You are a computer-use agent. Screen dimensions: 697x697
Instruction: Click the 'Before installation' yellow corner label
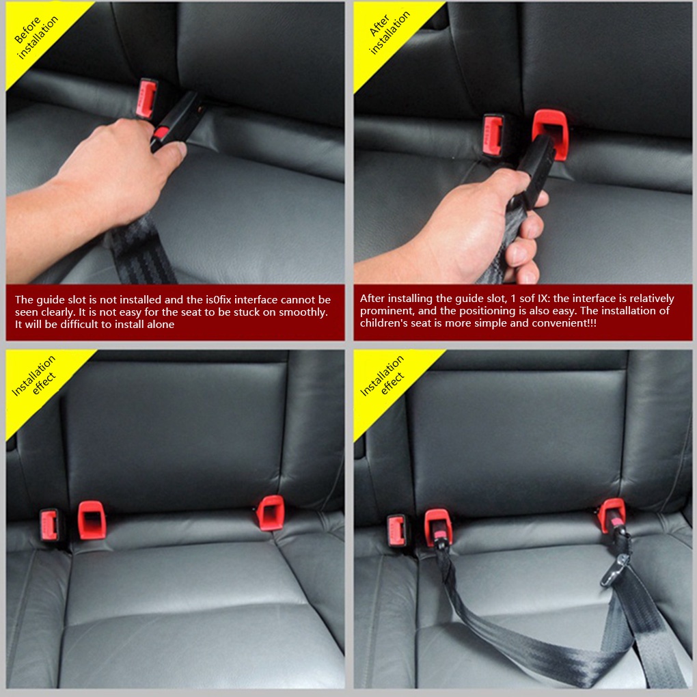click(x=36, y=38)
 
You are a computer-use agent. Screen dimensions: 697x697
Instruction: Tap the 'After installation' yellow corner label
click(x=387, y=33)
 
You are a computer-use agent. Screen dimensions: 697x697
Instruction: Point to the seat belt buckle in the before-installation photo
click(x=146, y=97)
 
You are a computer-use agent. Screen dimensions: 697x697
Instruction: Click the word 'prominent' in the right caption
click(x=382, y=311)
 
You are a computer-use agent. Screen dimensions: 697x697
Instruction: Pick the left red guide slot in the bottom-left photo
click(x=92, y=520)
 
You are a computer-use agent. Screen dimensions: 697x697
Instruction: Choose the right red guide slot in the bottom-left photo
click(x=271, y=512)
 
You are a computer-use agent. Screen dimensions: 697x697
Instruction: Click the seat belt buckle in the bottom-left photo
click(x=49, y=525)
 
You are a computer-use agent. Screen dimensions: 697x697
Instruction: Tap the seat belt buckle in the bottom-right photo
click(x=396, y=531)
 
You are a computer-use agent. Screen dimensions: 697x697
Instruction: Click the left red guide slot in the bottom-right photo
click(x=438, y=525)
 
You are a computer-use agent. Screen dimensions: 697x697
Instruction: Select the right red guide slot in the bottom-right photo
click(x=612, y=514)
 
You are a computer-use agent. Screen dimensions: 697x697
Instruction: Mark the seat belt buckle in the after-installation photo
click(x=493, y=135)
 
